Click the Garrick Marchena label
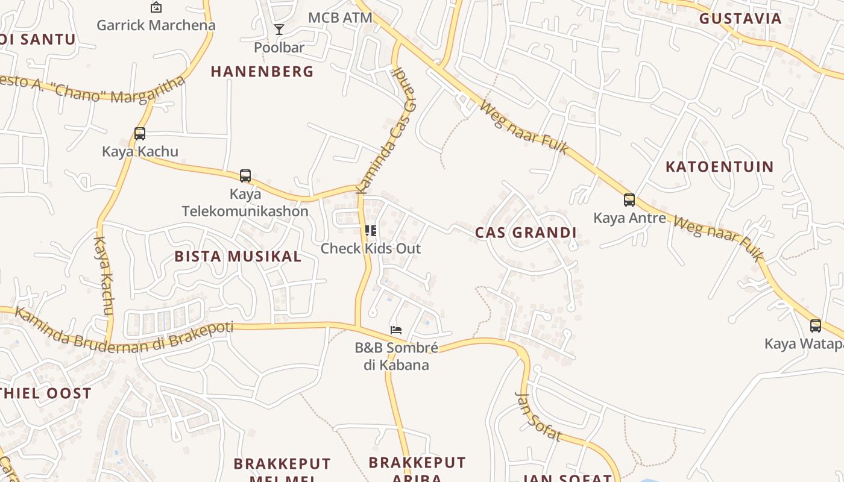(156, 25)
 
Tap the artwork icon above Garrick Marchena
(156, 7)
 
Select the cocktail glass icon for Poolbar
(279, 30)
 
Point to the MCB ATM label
(340, 17)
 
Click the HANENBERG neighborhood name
(262, 72)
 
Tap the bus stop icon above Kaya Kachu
(140, 134)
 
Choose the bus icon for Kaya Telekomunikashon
(245, 176)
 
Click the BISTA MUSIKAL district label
(238, 257)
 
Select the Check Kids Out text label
(371, 248)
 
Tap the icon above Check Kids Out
(371, 230)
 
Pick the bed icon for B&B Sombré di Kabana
(396, 330)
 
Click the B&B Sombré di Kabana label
(396, 356)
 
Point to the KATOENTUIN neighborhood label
(719, 167)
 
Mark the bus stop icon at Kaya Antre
(629, 200)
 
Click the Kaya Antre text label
(629, 218)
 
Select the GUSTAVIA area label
(740, 19)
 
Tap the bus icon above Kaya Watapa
(816, 326)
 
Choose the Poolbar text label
(279, 47)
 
